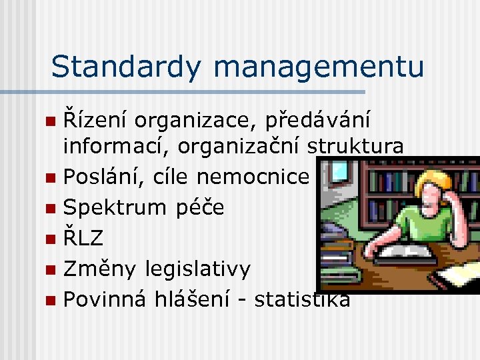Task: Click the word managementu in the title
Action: (319, 67)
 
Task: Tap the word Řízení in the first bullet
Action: (94, 120)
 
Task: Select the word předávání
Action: (319, 121)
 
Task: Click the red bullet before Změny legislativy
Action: (51, 270)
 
